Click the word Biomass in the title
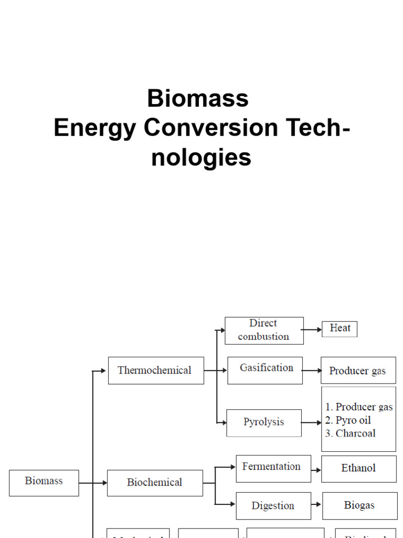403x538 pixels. [x=198, y=98]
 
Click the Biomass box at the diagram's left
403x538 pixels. [x=44, y=482]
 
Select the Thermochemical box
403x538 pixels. [x=156, y=370]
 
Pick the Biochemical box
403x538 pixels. [x=155, y=482]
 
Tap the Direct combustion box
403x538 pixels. [x=264, y=330]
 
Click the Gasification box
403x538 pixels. [x=265, y=370]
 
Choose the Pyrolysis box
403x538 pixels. [x=264, y=422]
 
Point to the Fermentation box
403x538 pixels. [x=273, y=468]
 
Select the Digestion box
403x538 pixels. [x=273, y=506]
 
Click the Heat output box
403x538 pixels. [x=340, y=329]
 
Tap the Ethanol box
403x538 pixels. [x=359, y=468]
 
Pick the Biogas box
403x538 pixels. [x=359, y=506]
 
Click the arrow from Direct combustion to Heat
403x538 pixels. [x=313, y=330]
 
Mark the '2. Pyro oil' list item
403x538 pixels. [x=348, y=420]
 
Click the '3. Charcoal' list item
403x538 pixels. [x=351, y=433]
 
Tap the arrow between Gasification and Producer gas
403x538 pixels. [x=312, y=370]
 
